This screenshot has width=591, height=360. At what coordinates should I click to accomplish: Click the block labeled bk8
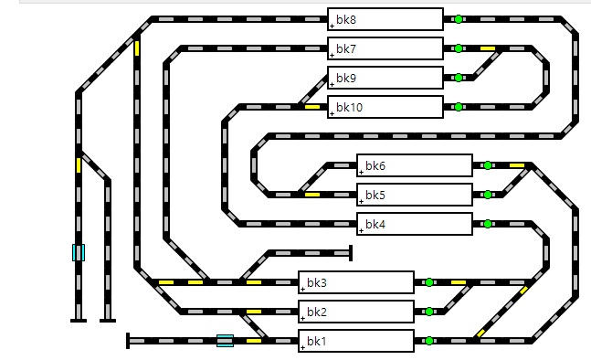pos(385,19)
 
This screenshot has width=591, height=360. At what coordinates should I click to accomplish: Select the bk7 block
pos(385,48)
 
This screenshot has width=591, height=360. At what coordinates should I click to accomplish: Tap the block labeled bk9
pos(385,78)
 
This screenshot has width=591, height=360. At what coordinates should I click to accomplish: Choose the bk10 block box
pos(385,107)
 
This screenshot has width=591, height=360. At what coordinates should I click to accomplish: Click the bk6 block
pos(415,165)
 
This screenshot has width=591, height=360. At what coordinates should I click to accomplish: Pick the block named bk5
pos(415,195)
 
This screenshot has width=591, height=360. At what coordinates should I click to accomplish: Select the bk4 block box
pos(415,224)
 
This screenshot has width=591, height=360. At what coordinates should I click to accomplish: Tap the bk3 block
pos(356,282)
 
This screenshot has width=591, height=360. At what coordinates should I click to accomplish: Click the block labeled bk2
pos(356,312)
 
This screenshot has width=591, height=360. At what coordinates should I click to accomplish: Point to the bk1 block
pos(356,341)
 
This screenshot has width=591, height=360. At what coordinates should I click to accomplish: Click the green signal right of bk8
pos(459,19)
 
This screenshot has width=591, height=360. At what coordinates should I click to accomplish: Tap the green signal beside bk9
pos(459,78)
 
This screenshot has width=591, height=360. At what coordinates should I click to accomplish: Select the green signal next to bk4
pos(488,224)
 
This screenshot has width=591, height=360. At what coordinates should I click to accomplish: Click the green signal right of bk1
pos(429,341)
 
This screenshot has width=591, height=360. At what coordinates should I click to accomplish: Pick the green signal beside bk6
pos(488,165)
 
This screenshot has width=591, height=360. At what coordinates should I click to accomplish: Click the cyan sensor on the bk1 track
pos(225,341)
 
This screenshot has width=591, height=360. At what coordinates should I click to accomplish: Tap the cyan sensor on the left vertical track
pos(79,252)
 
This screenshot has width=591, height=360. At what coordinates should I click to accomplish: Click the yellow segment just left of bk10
pos(312,107)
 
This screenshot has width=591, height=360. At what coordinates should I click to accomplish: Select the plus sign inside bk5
pos(361,202)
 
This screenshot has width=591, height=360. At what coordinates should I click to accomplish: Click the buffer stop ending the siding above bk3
pos(351,253)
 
